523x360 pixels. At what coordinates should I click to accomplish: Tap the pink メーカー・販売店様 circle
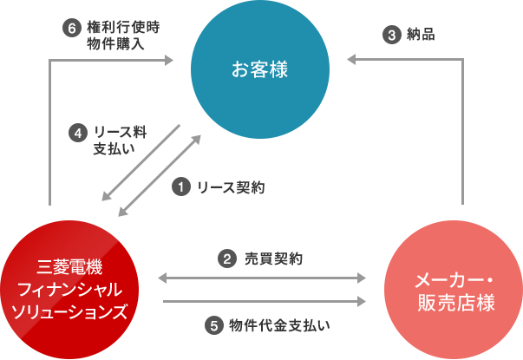coord(454,291)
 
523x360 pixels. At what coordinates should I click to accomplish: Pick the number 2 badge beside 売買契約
coord(226,259)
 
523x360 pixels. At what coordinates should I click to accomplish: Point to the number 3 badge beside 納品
coord(392,35)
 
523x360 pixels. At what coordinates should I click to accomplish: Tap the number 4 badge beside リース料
coord(79,133)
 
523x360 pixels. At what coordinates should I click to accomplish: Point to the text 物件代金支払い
coord(280,326)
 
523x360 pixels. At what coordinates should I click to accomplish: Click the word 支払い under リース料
coord(115,149)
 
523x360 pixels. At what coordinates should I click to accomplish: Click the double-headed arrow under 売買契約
coord(263,278)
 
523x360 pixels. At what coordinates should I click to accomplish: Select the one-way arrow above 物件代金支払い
coord(263,301)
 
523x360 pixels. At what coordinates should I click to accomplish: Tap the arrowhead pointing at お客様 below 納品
coord(350,59)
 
